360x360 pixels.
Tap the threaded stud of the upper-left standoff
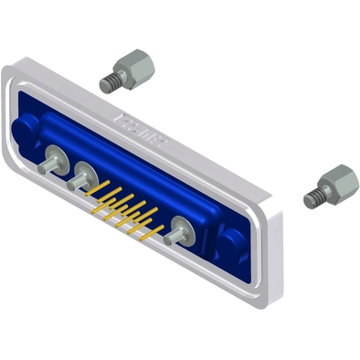pyautogui.click(x=107, y=83)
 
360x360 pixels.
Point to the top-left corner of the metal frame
pyautogui.click(x=11, y=68)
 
